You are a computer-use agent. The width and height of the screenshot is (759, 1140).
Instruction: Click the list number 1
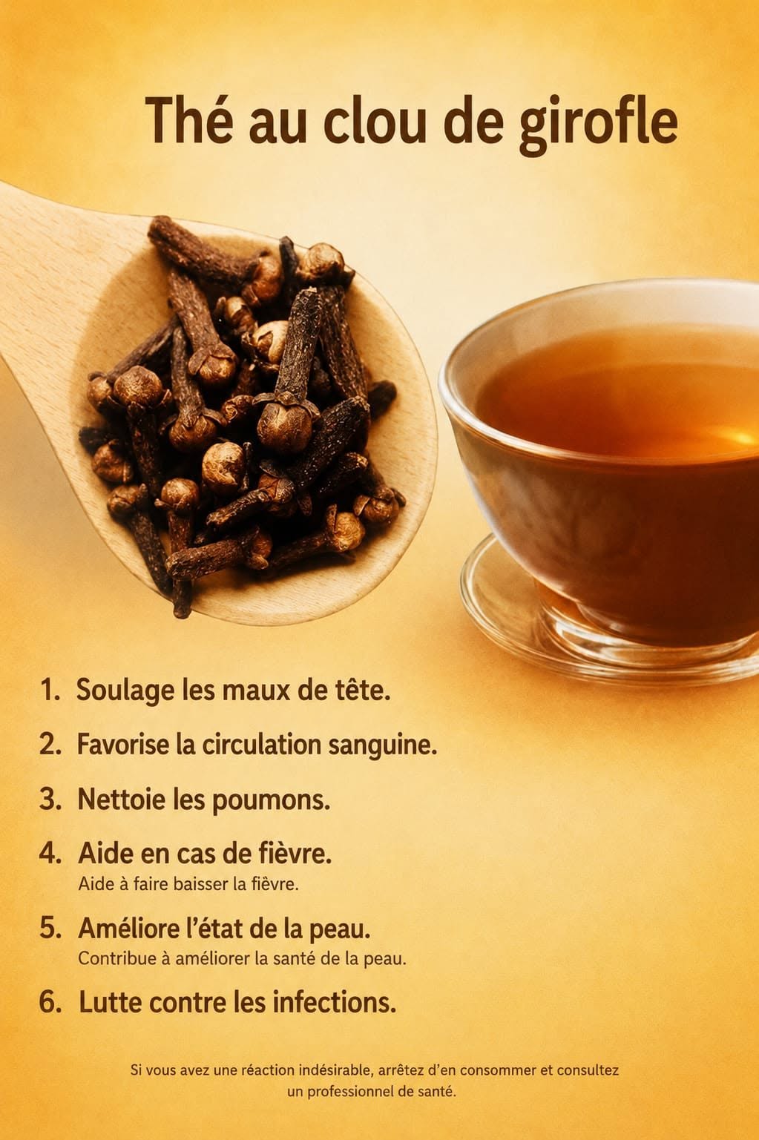click(50, 691)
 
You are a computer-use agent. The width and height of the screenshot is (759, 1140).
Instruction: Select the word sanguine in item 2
click(382, 745)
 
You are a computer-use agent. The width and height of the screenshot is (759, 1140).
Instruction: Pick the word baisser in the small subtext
click(201, 884)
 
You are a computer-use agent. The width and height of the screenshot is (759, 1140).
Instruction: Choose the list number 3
click(50, 800)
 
